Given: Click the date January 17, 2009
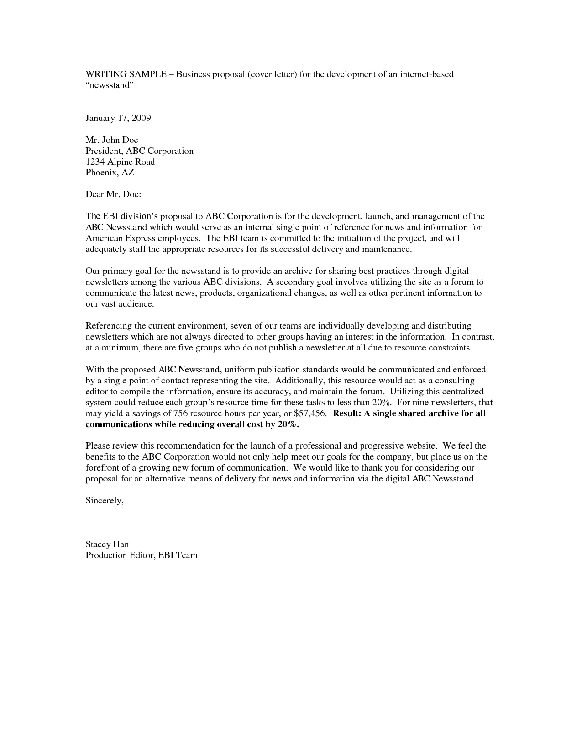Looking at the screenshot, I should click(x=118, y=118).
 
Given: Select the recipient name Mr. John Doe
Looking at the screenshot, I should click(x=112, y=140).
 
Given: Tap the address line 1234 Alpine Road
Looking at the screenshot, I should click(x=120, y=162).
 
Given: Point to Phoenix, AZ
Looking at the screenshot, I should click(x=110, y=173).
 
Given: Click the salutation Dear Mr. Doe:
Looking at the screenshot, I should click(x=113, y=194).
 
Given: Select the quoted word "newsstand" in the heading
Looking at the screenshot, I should click(x=109, y=85).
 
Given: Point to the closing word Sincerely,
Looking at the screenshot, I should click(x=105, y=501).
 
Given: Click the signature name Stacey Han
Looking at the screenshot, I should click(x=107, y=544).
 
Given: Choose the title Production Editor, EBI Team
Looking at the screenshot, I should click(x=142, y=555).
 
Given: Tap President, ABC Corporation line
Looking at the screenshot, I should click(x=139, y=151).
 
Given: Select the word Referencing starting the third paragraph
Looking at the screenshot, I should click(x=108, y=326).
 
